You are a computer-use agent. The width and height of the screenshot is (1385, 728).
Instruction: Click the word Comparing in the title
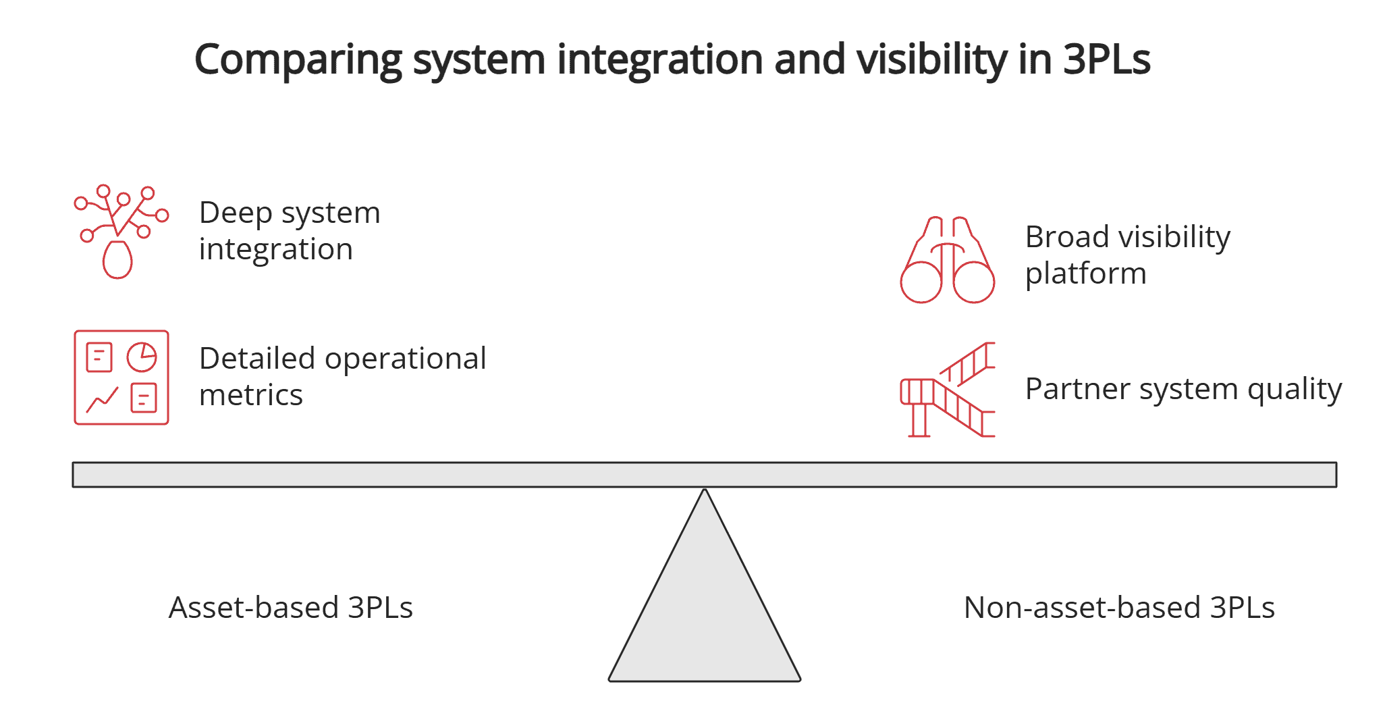pyautogui.click(x=298, y=59)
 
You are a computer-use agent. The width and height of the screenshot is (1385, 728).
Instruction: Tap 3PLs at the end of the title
pyautogui.click(x=1106, y=59)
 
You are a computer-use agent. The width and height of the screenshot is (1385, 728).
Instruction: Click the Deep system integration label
pyautogui.click(x=289, y=230)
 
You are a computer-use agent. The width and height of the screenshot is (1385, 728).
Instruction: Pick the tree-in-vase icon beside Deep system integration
pyautogui.click(x=120, y=231)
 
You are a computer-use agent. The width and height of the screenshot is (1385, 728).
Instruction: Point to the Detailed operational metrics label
pyautogui.click(x=342, y=376)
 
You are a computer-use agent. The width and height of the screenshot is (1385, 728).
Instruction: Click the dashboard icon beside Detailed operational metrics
pyautogui.click(x=121, y=378)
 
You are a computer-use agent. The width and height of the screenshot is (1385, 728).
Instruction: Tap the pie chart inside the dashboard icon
pyautogui.click(x=142, y=357)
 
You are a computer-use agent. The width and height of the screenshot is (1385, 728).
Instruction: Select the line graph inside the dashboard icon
pyautogui.click(x=102, y=400)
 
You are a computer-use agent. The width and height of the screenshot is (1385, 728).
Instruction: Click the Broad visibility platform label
pyautogui.click(x=1127, y=255)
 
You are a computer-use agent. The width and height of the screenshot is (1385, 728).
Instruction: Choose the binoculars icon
pyautogui.click(x=947, y=260)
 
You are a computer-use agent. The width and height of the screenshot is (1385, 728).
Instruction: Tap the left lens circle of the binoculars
pyautogui.click(x=921, y=282)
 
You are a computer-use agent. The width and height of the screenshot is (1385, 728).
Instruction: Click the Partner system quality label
pyautogui.click(x=1183, y=389)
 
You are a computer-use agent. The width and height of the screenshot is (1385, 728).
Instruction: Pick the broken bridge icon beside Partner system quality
pyautogui.click(x=947, y=390)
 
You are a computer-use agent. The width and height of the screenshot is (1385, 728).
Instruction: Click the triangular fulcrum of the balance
pyautogui.click(x=704, y=608)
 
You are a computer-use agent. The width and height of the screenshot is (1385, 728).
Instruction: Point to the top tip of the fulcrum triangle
pyautogui.click(x=704, y=491)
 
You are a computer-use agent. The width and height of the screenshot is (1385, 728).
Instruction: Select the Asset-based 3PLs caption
pyautogui.click(x=290, y=607)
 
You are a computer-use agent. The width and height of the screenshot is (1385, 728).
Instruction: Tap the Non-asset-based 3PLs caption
pyautogui.click(x=1118, y=607)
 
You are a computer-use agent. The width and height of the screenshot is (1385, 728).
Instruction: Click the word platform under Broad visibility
pyautogui.click(x=1085, y=274)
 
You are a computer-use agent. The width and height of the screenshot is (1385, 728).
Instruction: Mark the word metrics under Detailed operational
pyautogui.click(x=251, y=395)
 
